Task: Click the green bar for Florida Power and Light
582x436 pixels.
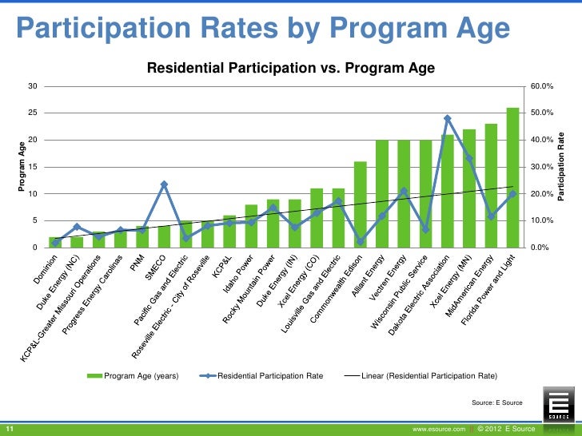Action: click(x=512, y=177)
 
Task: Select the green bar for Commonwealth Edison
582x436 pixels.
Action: click(x=361, y=204)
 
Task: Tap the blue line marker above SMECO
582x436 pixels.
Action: click(x=164, y=184)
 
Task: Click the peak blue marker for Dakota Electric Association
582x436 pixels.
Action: click(x=448, y=118)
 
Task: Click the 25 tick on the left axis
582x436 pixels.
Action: click(x=32, y=113)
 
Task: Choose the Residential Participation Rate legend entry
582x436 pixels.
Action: click(x=263, y=375)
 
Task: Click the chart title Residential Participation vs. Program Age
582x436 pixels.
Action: click(x=291, y=69)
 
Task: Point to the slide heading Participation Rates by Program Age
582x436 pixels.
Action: click(x=263, y=30)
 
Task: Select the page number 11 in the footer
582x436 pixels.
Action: click(x=12, y=429)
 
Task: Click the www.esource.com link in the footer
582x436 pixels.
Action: click(x=439, y=429)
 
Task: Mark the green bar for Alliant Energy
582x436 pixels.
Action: click(x=382, y=193)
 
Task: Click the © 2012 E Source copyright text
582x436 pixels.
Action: click(x=506, y=429)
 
